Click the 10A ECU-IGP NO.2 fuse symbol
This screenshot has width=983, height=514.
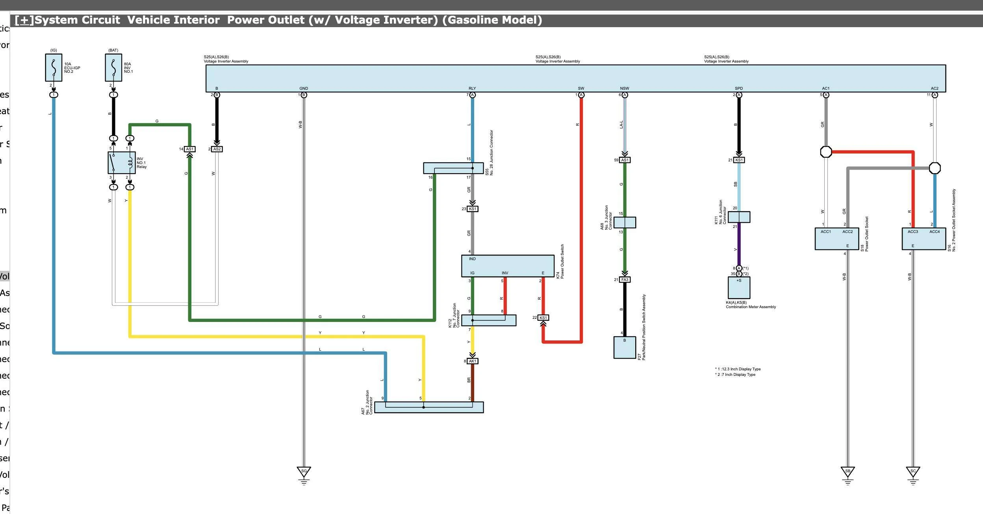point(54,68)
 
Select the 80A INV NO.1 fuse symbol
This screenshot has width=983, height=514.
point(113,68)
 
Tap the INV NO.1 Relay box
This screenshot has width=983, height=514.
point(121,163)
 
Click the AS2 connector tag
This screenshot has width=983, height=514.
point(217,149)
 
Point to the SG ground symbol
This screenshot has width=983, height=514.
point(304,472)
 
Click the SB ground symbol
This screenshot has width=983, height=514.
point(848,472)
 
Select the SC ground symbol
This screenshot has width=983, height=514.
point(913,472)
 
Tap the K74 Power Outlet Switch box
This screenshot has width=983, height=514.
point(507,266)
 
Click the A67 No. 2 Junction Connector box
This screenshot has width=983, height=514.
point(428,407)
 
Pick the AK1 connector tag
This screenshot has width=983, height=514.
point(473,361)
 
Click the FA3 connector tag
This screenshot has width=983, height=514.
point(625,280)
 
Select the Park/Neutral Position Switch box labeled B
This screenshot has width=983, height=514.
point(625,348)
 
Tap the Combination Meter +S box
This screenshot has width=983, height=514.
point(739,288)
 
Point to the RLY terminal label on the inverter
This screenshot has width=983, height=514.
point(472,89)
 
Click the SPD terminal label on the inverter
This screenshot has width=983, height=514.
point(739,89)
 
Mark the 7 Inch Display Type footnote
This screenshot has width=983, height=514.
point(736,375)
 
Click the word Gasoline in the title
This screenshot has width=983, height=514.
point(470,20)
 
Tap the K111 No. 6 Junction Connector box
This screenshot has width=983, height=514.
point(739,217)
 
